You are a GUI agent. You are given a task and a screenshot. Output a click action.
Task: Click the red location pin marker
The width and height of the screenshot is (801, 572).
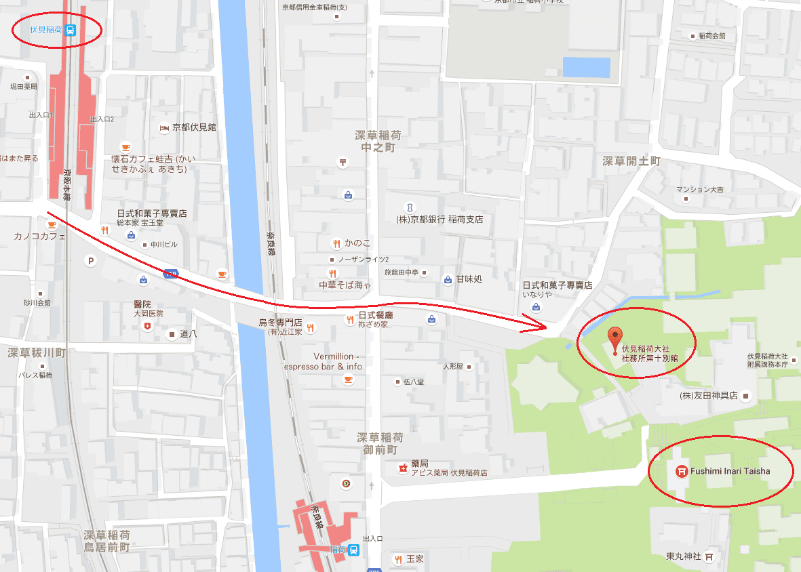click(614, 337)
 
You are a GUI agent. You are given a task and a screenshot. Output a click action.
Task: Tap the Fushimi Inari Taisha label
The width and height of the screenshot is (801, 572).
click(730, 471)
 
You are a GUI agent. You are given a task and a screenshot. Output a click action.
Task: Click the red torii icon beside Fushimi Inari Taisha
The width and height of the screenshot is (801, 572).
click(681, 471)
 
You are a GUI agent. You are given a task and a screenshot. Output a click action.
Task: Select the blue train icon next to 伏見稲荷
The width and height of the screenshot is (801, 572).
click(71, 30)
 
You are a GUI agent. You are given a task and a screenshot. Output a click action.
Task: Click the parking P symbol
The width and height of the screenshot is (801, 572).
click(91, 261)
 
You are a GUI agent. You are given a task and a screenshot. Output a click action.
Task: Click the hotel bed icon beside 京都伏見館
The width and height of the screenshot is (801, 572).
click(163, 127)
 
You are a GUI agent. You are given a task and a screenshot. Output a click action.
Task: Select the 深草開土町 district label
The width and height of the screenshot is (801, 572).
click(631, 161)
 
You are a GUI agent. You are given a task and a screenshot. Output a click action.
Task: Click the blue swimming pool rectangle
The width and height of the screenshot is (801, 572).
click(586, 67)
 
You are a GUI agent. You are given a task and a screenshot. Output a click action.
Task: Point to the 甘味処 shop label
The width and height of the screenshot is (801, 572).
click(469, 279)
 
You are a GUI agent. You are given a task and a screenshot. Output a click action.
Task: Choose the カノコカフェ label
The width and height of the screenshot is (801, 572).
click(40, 237)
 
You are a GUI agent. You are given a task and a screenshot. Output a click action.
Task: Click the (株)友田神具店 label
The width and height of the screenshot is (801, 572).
click(708, 395)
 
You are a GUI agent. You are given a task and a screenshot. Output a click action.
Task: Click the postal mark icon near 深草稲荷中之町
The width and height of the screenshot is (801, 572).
click(343, 162)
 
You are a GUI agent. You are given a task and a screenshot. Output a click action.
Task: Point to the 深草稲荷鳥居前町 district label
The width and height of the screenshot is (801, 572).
click(107, 541)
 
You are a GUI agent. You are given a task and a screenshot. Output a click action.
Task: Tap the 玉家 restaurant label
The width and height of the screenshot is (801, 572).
click(414, 559)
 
